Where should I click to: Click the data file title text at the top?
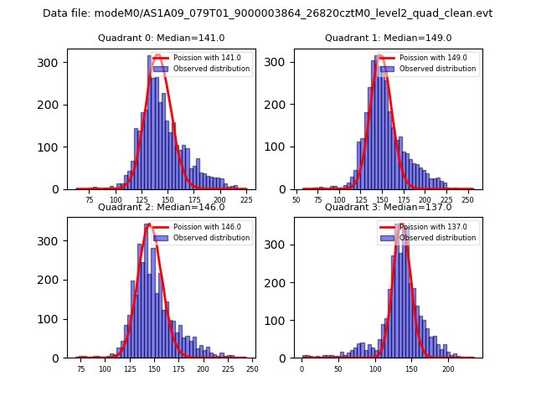coord(267,13)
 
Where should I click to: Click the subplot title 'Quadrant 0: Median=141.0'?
coord(162,38)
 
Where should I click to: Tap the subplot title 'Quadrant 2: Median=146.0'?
coord(162,207)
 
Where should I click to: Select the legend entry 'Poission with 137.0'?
coord(431,227)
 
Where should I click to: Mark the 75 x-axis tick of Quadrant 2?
coord(81,369)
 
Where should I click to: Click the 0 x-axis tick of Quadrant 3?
coord(302,369)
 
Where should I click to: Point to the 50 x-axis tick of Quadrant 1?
coord(296,201)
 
